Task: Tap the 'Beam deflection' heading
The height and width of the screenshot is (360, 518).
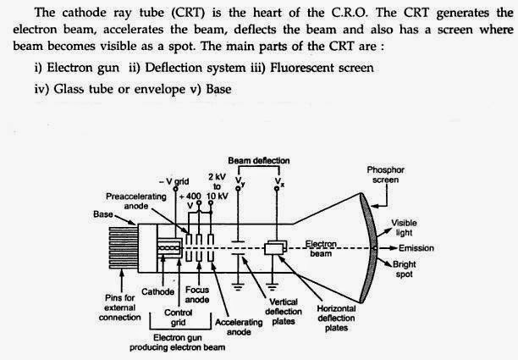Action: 259,160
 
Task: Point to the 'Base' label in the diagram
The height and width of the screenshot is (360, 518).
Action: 103,213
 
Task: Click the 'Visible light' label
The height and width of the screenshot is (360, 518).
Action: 404,228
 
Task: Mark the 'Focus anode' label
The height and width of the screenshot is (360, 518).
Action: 197,295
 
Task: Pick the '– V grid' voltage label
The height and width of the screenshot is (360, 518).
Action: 179,181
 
